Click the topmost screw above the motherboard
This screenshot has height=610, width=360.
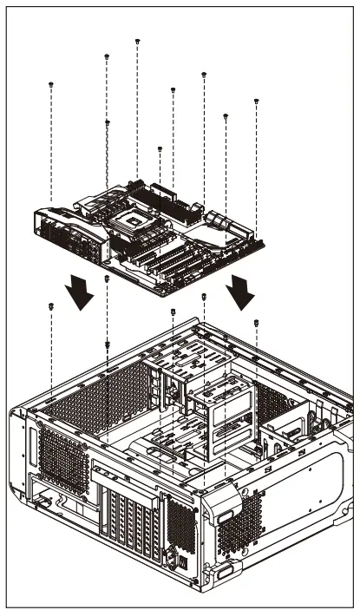(138, 41)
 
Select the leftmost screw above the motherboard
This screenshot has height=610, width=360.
(52, 84)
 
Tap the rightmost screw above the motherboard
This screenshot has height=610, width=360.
(257, 102)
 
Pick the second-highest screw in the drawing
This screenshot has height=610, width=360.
(107, 56)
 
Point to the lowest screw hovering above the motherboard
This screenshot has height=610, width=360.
(160, 149)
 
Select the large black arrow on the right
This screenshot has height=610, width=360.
(240, 293)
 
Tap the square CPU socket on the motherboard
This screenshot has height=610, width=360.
(137, 220)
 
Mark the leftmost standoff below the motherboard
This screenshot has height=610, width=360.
(52, 306)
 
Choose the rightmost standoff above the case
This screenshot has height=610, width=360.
(257, 322)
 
